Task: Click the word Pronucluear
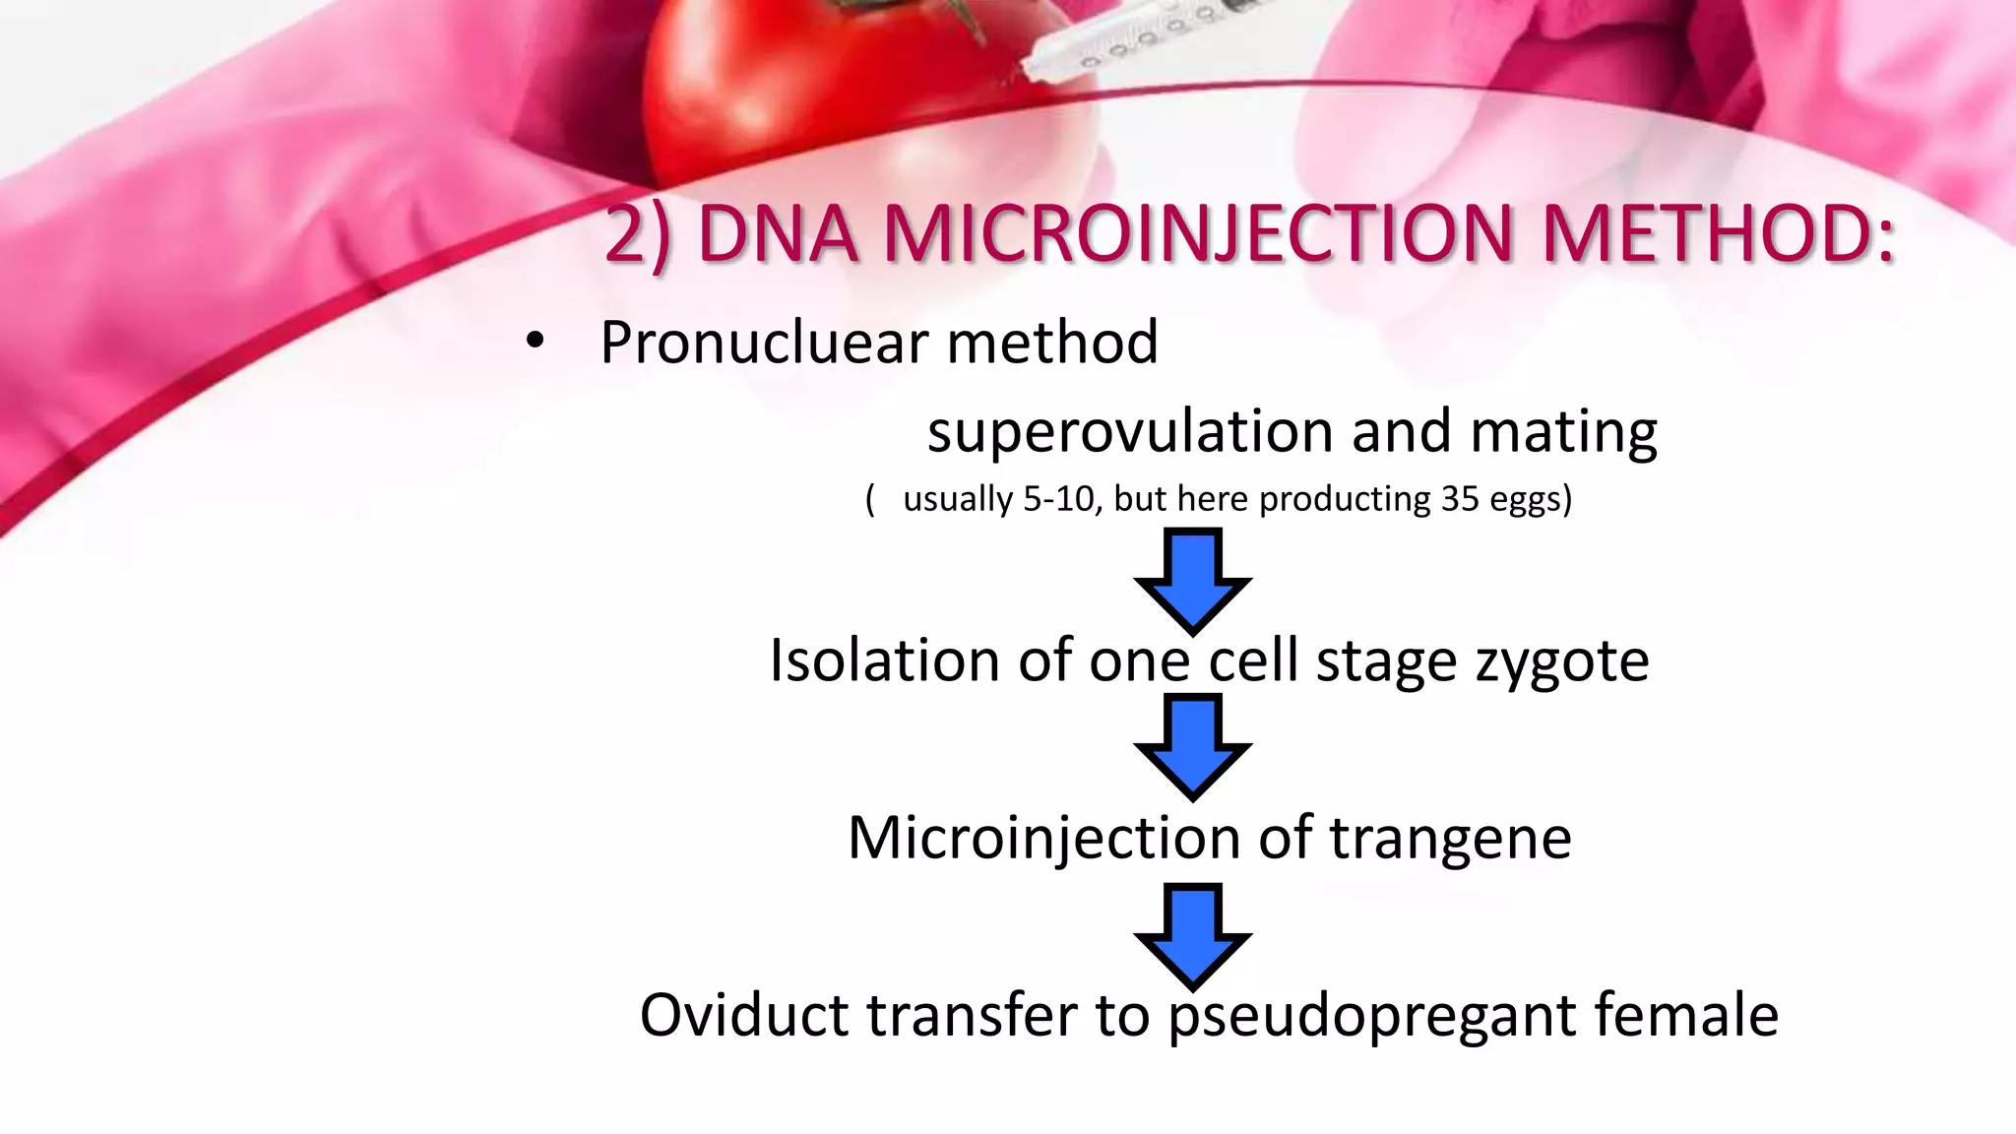(x=764, y=343)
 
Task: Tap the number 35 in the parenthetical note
(x=1460, y=499)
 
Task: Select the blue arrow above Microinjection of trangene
(x=1193, y=746)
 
